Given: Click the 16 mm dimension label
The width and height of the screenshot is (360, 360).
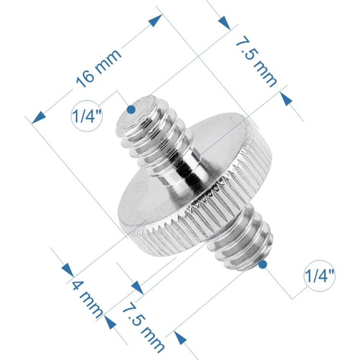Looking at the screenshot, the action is pos(98,68).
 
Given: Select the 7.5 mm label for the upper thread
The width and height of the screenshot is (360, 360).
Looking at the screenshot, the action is pos(256,61).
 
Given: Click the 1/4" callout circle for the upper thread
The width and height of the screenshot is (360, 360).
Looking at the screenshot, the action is pos(86,116).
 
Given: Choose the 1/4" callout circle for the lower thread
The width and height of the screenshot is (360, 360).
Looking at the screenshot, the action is pos(319,276).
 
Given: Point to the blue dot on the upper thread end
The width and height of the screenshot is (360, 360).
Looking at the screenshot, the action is pos(131,109).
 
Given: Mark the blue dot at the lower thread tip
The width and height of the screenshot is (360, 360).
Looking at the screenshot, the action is pos(263,264).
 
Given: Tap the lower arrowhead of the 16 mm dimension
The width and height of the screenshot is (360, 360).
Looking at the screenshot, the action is pos(38,118).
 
